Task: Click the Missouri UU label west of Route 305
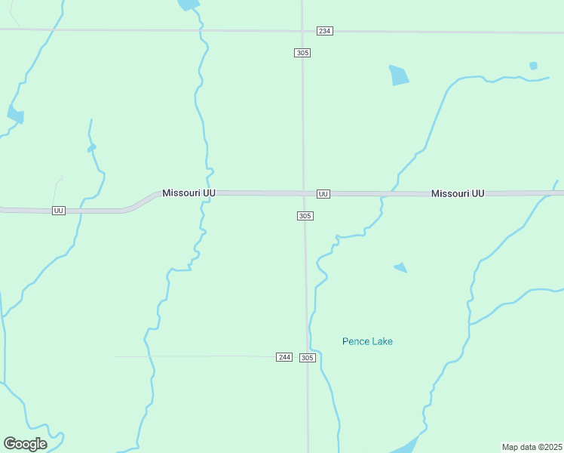point(189,193)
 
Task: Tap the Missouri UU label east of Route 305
point(458,194)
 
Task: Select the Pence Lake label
point(367,341)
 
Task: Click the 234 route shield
point(324,31)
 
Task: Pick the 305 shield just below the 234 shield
point(302,52)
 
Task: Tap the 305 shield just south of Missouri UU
point(305,216)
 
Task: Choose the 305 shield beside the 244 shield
point(307,357)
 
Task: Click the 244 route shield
point(284,356)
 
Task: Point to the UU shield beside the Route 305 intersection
point(323,194)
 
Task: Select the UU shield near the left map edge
point(58,210)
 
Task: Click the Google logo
point(25,443)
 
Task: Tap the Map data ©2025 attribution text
point(532,447)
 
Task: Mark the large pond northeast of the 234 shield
point(398,75)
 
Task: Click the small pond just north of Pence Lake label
point(400,267)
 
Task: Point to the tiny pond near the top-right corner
point(533,66)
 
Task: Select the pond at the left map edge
point(15,115)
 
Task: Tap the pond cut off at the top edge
point(189,5)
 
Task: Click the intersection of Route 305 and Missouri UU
point(304,194)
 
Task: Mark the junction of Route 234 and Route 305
point(302,31)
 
